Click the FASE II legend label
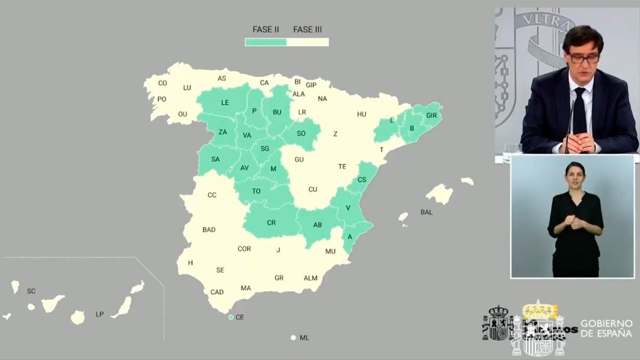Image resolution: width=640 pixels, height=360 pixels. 266,29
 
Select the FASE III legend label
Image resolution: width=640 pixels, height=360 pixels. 308,29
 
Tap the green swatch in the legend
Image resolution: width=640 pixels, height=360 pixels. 266,42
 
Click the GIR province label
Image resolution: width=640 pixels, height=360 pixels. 431,115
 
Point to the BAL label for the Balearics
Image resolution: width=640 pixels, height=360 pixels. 427,212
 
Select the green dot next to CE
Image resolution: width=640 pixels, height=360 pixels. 231,317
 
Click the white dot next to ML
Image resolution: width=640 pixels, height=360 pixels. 293,338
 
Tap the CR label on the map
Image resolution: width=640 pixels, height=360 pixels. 271,223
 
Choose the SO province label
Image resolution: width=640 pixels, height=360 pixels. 301,133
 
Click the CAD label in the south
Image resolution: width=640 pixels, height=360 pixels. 217,292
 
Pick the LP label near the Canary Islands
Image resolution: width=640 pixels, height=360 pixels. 100,315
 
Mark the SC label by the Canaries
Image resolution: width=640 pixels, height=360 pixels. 31,291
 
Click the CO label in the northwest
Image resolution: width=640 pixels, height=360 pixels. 163,83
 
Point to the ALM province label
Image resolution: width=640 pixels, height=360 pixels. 310,278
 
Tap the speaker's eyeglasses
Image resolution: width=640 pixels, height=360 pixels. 583,58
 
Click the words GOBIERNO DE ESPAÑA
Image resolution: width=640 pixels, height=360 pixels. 606,329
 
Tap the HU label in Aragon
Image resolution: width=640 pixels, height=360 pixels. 362,114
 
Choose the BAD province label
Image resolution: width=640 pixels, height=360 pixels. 209,230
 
